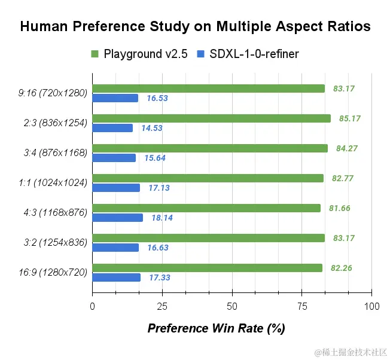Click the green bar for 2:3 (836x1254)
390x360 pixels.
pyautogui.click(x=211, y=118)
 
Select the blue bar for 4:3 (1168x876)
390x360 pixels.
pyautogui.click(x=118, y=218)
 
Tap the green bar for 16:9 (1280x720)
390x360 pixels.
pyautogui.click(x=207, y=268)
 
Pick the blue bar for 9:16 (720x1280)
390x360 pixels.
pyautogui.click(x=115, y=98)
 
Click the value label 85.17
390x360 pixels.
pyautogui.click(x=349, y=118)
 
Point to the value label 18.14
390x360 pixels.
pyautogui.click(x=162, y=218)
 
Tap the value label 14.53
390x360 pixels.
pyautogui.click(x=152, y=129)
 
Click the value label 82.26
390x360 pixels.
pyautogui.click(x=341, y=269)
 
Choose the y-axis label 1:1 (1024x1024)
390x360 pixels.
pyautogui.click(x=53, y=183)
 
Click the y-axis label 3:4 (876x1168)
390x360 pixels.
pyautogui.click(x=53, y=153)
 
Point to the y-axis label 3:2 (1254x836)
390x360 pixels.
pyautogui.click(x=53, y=243)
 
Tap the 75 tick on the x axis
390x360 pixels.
pyautogui.click(x=302, y=306)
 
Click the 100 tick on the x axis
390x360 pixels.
pyautogui.click(x=371, y=306)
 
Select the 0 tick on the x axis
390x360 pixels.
pyautogui.click(x=92, y=306)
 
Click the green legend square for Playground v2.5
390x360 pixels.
pyautogui.click(x=95, y=54)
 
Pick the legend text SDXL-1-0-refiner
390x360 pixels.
pyautogui.click(x=254, y=54)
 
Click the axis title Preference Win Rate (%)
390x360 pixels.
pyautogui.click(x=216, y=328)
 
